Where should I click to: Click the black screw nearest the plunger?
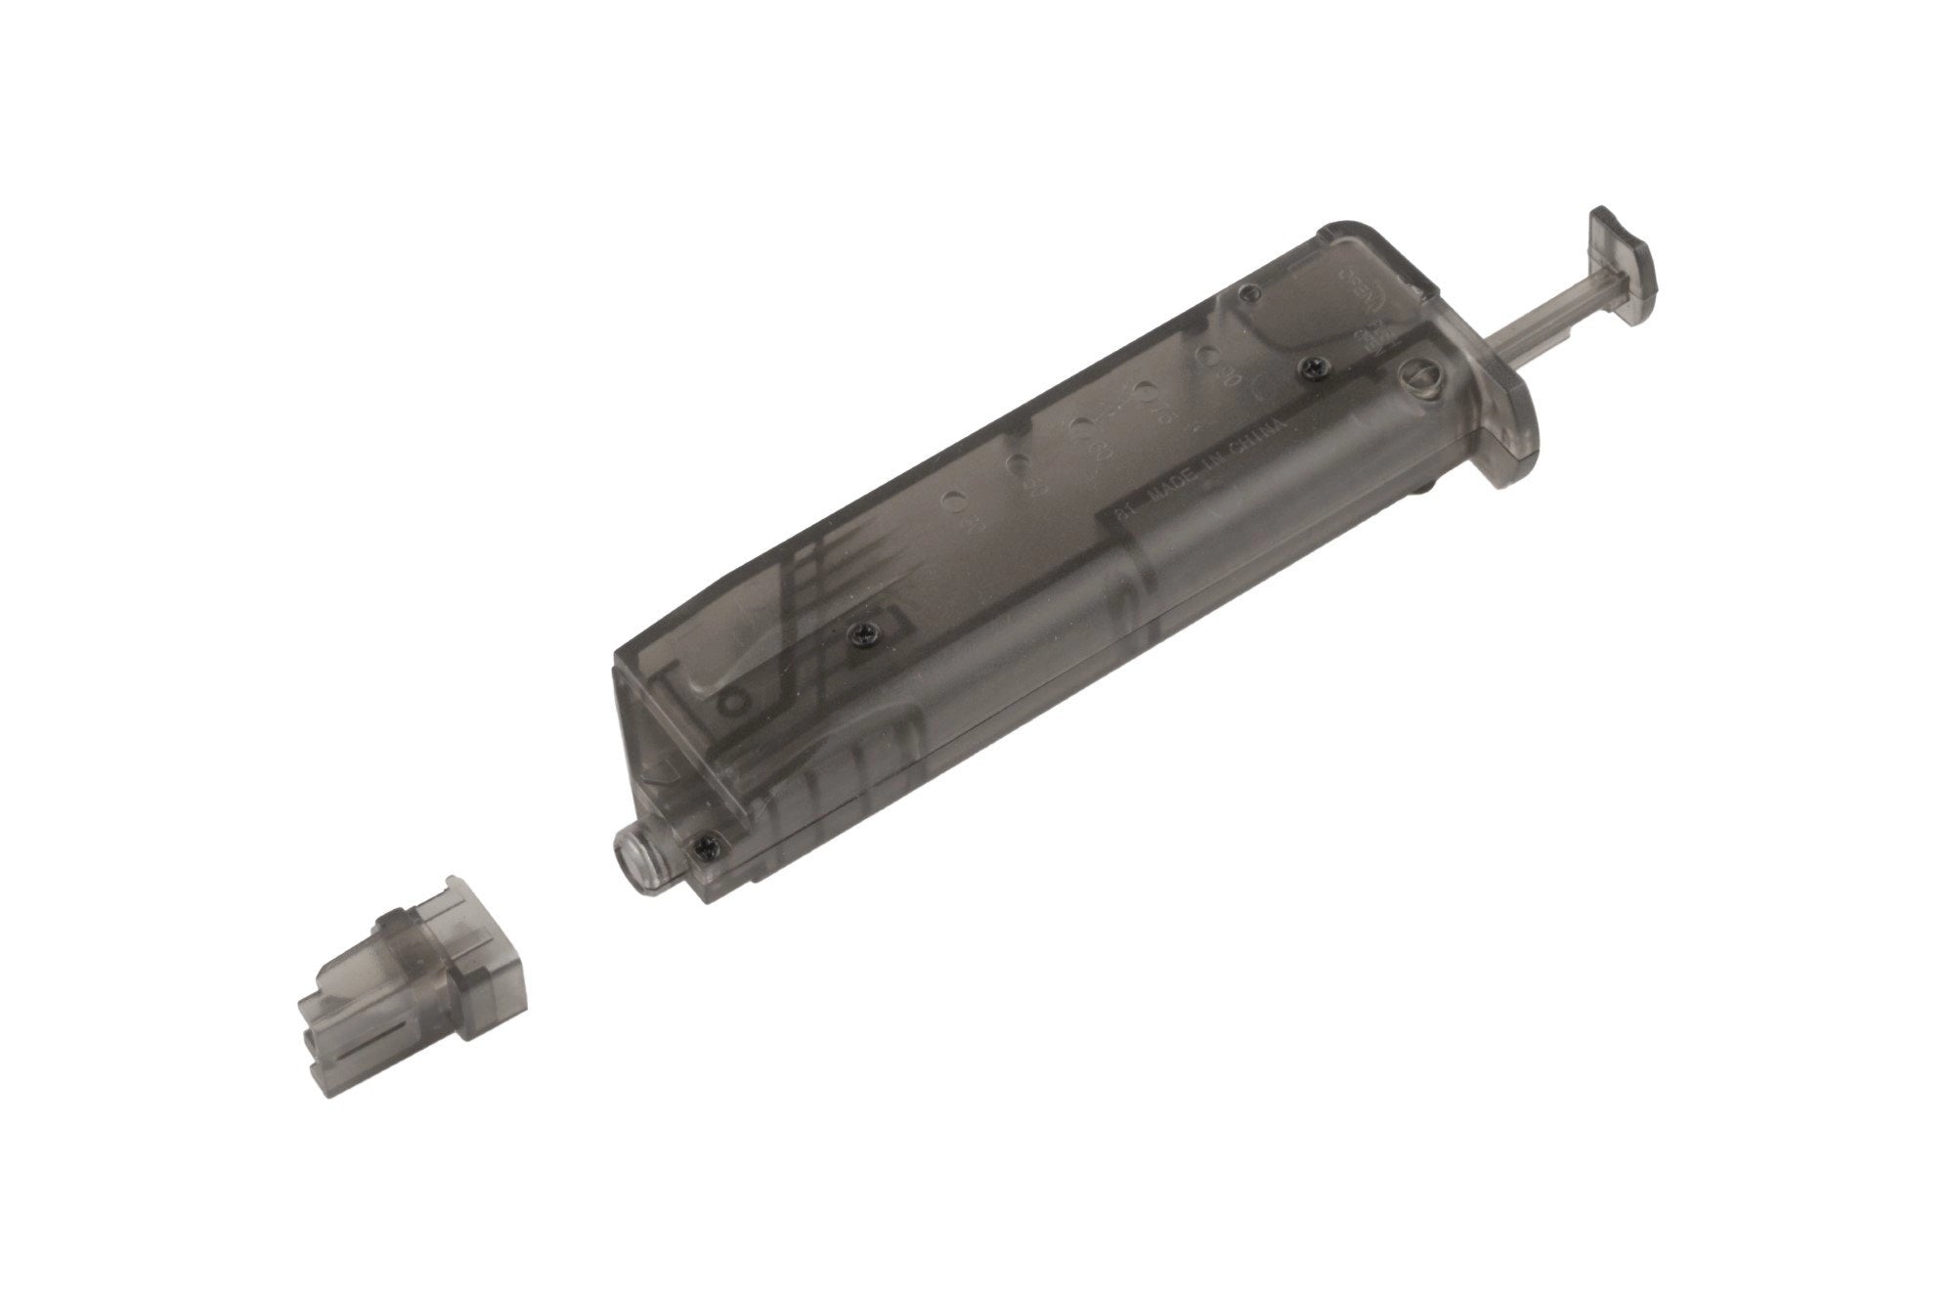tap(1311, 367)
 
